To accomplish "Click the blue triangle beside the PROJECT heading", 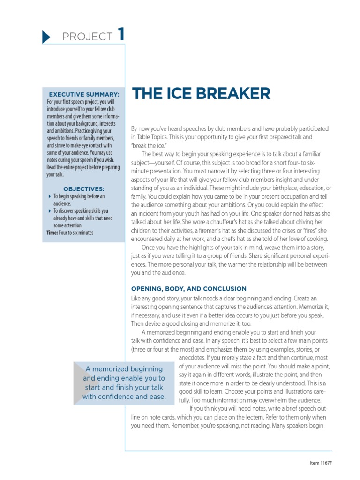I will click(46, 37).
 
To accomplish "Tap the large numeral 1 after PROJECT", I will click(121, 35).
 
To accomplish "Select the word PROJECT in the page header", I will click(87, 37).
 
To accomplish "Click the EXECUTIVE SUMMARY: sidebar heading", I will click(84, 94).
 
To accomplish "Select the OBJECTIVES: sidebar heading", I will click(84, 189).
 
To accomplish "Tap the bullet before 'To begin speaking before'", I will click(50, 196).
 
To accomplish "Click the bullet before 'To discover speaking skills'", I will click(50, 211).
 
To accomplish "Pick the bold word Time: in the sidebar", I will click(52, 232).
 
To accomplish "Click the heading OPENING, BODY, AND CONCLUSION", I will click(189, 289).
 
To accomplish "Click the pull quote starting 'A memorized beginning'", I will click(124, 383).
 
